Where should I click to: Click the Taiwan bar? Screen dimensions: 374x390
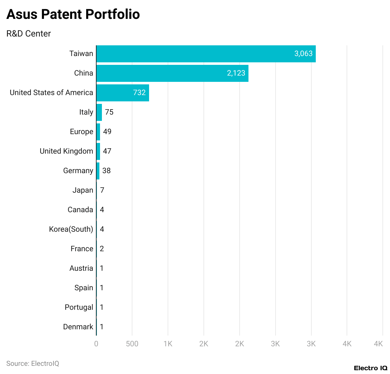[x=206, y=54]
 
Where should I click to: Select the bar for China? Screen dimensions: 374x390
[x=172, y=73]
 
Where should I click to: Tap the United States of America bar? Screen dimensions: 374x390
[x=123, y=93]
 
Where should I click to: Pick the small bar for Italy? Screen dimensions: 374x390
[x=99, y=112]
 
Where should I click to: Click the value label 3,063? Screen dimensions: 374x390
[x=303, y=54]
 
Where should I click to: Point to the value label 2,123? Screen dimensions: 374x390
[x=236, y=73]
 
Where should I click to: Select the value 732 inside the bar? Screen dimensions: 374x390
[x=139, y=93]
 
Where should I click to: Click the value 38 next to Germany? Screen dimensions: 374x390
[x=106, y=171]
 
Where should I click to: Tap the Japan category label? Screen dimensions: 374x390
[x=83, y=190]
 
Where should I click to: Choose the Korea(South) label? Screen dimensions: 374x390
[x=71, y=229]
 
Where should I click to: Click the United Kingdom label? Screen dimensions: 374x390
[x=66, y=151]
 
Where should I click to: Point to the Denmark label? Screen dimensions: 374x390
[x=78, y=327]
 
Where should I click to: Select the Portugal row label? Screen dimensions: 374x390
[x=79, y=307]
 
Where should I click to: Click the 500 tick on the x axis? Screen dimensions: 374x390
[x=132, y=344]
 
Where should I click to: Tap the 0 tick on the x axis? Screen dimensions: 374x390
[x=96, y=344]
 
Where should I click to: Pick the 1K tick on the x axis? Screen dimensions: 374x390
[x=168, y=344]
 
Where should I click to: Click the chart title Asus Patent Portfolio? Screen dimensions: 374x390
[x=73, y=14]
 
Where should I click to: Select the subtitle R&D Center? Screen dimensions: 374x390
[x=29, y=34]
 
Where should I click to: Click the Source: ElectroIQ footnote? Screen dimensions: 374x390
[x=33, y=364]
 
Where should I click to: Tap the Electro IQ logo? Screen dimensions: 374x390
[x=370, y=368]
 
